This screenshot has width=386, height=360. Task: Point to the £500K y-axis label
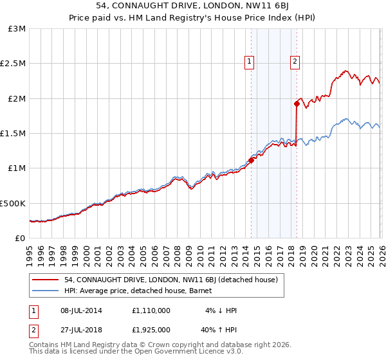(x=13, y=203)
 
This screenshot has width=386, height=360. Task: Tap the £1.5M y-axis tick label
(x=13, y=134)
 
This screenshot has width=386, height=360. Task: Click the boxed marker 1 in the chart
(x=249, y=62)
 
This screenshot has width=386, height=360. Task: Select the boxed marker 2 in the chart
(x=295, y=62)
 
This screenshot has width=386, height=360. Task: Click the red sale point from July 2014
(x=251, y=161)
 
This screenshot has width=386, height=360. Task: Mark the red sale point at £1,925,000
(x=297, y=104)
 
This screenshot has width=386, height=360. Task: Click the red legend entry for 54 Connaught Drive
(x=170, y=280)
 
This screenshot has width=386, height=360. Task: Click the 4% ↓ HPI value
(x=221, y=310)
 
